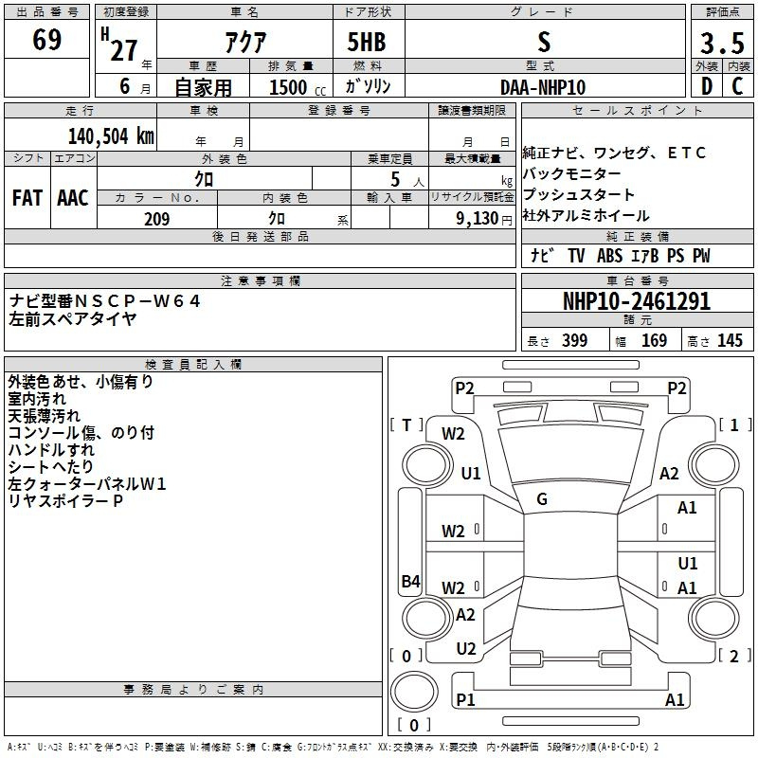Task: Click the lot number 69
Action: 46,40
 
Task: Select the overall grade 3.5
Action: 722,43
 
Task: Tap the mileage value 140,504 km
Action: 111,136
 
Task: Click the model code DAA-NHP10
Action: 543,87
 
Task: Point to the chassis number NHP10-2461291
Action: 637,301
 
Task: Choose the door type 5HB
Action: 367,42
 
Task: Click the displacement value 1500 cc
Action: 298,87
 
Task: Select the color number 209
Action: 156,219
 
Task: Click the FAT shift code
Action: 27,198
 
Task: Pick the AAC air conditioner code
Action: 73,198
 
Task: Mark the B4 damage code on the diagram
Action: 411,581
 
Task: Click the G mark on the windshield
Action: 542,499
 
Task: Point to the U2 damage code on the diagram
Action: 466,649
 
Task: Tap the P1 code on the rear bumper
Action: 465,699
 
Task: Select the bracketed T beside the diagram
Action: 406,425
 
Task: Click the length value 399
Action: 575,340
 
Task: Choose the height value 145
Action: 730,340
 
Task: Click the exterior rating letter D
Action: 707,86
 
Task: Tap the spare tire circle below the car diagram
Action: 414,692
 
